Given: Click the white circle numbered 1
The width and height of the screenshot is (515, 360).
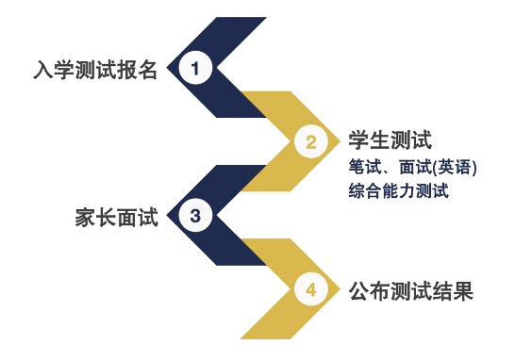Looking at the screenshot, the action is pos(195,68).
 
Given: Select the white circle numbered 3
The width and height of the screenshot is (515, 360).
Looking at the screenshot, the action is pos(195,216).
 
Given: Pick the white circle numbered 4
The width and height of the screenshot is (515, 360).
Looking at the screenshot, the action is pos(310,289).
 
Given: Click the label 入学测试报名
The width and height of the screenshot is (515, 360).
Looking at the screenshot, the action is pos(95,69).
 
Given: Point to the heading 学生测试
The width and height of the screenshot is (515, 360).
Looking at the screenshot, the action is pos(390,140).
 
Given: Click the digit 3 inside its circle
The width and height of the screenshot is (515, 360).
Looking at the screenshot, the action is pos(195,216).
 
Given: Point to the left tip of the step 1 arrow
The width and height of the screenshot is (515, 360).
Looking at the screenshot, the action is pos(168,68).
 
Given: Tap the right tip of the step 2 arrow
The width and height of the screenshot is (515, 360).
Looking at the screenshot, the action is pos(341,142).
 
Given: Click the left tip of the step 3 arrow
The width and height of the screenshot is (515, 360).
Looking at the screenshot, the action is pos(168,216).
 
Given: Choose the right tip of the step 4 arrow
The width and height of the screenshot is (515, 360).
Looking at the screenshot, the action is pos(341,289).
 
